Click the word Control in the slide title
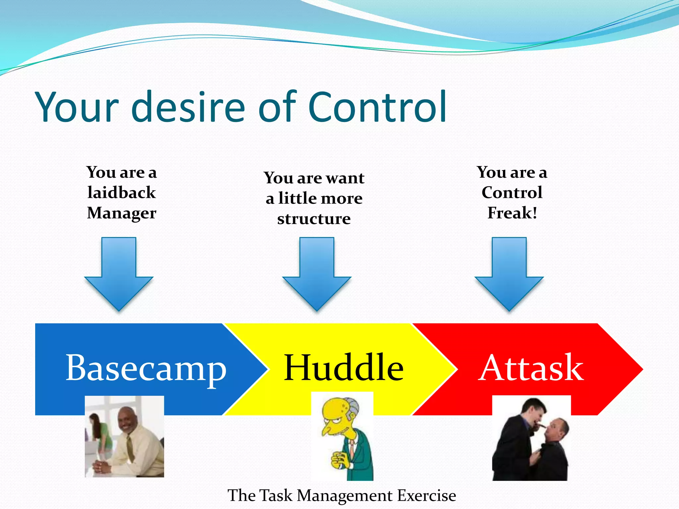[377, 107]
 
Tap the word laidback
[121, 193]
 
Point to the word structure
[314, 219]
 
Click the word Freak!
[512, 213]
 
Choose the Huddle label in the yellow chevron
[343, 368]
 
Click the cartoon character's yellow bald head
[335, 409]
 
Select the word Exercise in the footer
[426, 496]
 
